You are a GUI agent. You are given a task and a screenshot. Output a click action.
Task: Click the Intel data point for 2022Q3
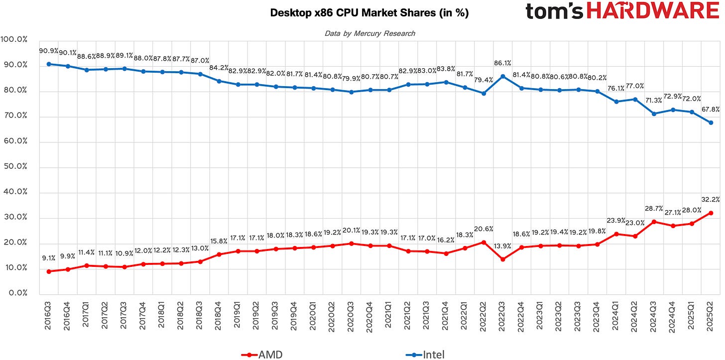[x=503, y=76]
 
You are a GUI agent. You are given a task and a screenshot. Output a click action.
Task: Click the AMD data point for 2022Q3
[x=503, y=259]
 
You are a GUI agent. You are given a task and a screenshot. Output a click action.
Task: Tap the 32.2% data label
[x=710, y=200]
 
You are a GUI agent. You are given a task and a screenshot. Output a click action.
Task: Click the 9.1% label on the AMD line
[x=49, y=258]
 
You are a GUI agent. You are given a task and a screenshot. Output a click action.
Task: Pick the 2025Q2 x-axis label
[x=710, y=317]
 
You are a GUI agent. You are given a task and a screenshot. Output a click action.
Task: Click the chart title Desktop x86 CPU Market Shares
[x=369, y=13]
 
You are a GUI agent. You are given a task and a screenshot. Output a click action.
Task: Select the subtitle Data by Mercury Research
[x=369, y=33]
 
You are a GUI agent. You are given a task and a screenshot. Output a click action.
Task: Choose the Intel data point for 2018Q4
[x=218, y=81]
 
